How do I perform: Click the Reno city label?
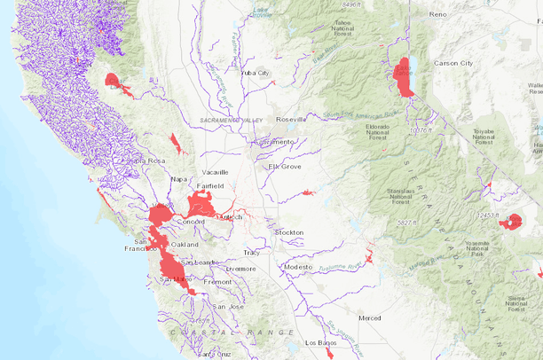point(437,15)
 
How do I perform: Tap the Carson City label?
point(452,64)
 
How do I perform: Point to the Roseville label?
point(291,119)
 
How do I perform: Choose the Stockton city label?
point(289,232)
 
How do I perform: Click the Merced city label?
point(369,317)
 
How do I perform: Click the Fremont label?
point(217,282)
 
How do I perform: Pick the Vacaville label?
point(215,172)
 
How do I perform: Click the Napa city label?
point(179,179)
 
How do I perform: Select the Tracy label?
point(252,253)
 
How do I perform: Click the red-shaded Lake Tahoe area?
point(404,78)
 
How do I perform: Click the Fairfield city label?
point(210,186)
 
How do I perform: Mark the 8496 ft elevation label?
point(352,4)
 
